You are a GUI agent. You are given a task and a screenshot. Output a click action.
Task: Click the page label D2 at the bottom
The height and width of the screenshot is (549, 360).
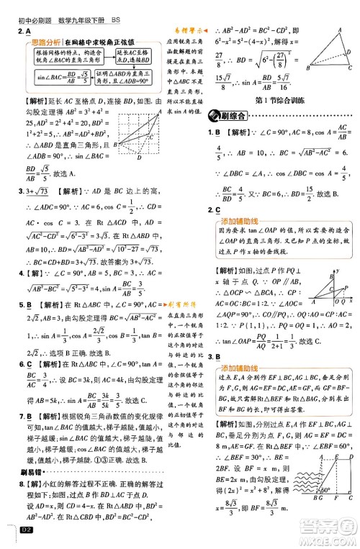point(27,531)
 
